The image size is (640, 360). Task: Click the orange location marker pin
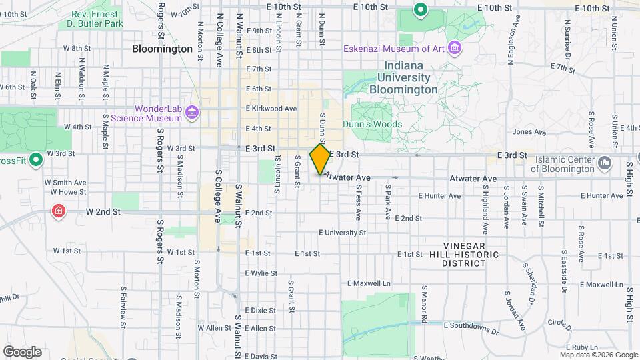coord(321,159)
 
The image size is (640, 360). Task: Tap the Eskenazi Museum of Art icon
coord(455,48)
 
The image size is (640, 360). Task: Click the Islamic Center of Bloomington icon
coord(605,162)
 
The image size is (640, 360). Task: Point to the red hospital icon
coord(59,211)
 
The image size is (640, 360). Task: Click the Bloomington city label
coord(162,49)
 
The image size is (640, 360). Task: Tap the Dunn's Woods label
coord(373,124)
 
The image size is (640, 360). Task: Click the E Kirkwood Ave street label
coord(271,108)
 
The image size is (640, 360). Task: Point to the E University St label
coord(342,233)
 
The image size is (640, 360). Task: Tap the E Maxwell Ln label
coord(369,283)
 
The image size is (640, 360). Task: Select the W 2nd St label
coord(103,211)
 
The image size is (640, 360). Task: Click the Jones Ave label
coord(529,132)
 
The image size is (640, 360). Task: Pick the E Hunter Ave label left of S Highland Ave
coord(439,196)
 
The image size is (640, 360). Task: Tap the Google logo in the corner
coord(22,351)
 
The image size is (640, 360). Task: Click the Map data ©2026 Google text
coord(599,355)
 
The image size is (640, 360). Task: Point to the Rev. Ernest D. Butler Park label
coord(97,18)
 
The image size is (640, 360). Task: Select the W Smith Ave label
coord(65,182)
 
